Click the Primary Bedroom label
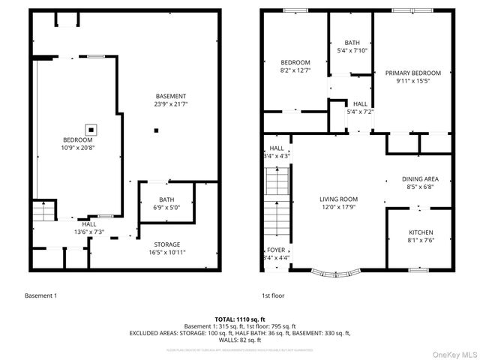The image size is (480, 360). click(x=412, y=77)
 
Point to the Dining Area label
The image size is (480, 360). click(x=420, y=183)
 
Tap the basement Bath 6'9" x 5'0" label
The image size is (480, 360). click(x=169, y=204)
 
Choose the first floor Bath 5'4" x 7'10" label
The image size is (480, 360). click(x=352, y=46)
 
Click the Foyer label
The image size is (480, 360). click(x=276, y=253)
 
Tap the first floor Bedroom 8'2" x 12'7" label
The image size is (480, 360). click(x=295, y=67)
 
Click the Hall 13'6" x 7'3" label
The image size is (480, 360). click(x=88, y=228)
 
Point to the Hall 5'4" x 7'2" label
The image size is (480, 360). click(x=360, y=108)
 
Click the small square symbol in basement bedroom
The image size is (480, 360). click(x=91, y=128)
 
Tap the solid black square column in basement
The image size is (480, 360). click(x=155, y=131)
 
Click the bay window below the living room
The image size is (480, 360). click(x=335, y=271)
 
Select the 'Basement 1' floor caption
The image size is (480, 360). click(x=41, y=295)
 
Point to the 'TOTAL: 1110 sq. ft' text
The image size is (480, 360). click(x=240, y=319)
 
